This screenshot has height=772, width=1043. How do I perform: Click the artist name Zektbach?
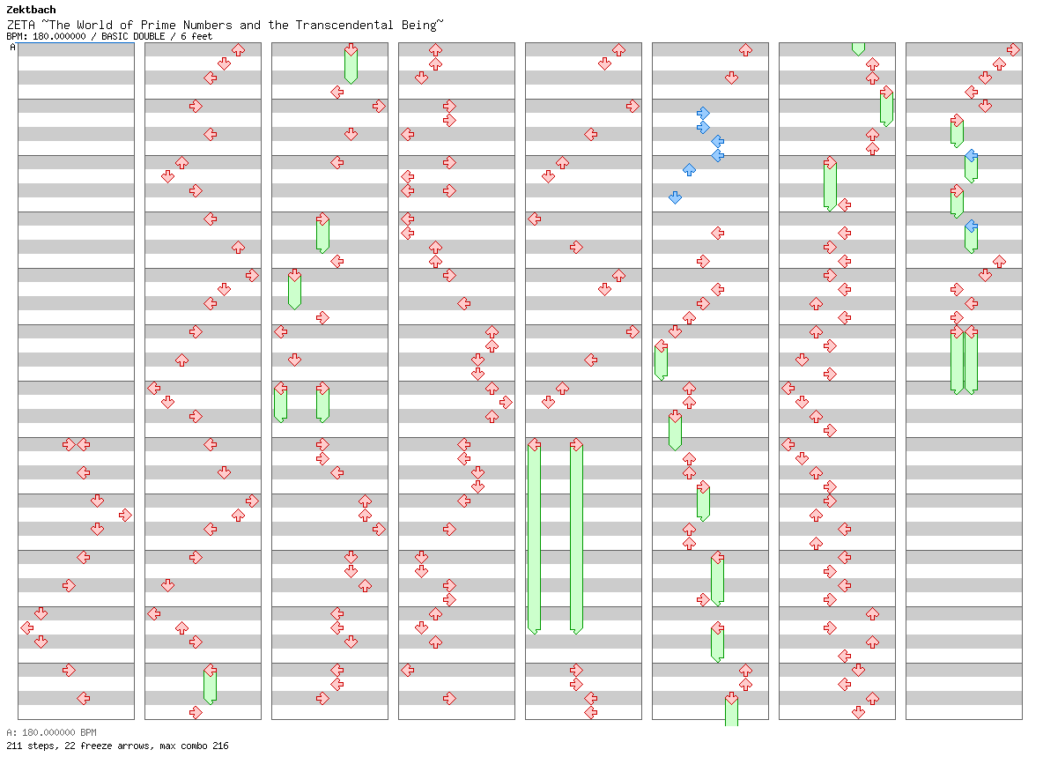31,10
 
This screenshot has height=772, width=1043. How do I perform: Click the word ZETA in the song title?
20,26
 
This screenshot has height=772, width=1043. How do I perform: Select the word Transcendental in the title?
344,26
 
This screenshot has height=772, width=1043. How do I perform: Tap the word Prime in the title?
159,26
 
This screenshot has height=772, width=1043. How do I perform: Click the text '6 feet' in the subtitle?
197,37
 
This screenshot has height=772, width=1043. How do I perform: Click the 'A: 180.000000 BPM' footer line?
52,732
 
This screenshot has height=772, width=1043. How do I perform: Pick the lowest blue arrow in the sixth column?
675,197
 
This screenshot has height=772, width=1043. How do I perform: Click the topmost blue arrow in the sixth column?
703,113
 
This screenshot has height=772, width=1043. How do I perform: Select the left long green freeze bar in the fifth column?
534,536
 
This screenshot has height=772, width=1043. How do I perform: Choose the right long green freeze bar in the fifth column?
577,536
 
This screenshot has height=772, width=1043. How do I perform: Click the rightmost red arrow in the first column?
125,516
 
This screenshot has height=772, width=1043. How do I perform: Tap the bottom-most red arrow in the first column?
83,698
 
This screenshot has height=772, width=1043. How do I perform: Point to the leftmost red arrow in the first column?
27,627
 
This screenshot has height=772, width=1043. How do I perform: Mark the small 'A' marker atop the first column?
12,48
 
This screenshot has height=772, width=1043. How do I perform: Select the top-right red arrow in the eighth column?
1013,50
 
